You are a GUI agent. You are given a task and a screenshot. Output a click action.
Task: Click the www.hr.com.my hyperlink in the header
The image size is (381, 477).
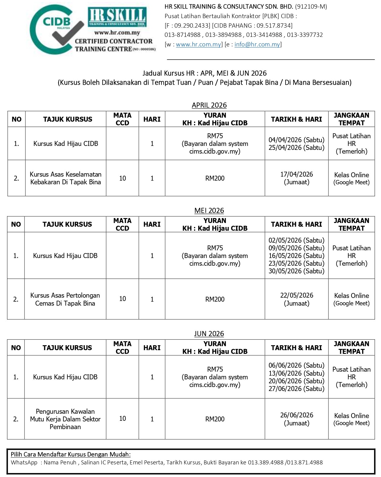pos(198,44)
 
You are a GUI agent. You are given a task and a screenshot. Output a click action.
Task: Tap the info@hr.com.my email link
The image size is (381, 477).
pos(257,44)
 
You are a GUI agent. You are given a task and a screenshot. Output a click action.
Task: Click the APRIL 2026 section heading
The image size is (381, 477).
pos(209,105)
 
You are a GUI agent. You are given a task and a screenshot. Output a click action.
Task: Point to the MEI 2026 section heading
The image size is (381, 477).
pos(209,210)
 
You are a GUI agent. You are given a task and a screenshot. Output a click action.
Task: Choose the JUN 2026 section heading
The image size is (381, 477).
pos(209,334)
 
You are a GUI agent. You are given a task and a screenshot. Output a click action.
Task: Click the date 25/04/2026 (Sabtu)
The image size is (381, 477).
pos(296,147)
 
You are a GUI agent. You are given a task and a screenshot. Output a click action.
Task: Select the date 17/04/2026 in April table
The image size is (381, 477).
pos(296,174)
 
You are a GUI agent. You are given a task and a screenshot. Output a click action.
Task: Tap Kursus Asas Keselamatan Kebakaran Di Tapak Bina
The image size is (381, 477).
pos(65,178)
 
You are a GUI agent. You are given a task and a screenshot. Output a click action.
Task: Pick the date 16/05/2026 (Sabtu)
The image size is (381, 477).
pos(296,256)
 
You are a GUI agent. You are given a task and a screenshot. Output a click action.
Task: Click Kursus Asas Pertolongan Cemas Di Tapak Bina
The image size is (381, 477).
pos(65,299)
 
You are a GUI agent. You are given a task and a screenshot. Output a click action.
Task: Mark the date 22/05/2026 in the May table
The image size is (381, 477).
pos(296,295)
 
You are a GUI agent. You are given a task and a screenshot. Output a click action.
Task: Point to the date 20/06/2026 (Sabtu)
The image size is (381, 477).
pos(296,381)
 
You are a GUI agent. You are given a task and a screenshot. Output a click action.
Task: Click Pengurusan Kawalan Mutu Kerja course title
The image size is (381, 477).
pos(65,419)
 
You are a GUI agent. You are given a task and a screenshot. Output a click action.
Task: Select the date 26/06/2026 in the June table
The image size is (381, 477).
pos(296,415)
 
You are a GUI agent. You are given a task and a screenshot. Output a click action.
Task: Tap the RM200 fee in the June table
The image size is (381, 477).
pos(215,419)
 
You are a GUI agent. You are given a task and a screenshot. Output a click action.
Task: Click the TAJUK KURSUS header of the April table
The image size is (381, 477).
pos(68,119)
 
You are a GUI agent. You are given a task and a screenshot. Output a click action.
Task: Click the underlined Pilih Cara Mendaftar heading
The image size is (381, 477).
pos(71,454)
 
